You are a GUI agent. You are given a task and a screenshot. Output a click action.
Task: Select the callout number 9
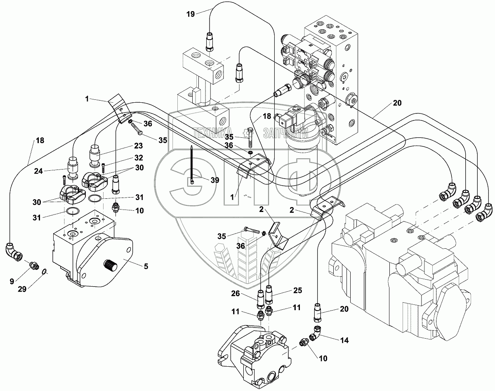coord(12,281)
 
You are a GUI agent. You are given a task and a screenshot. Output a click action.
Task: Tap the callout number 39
coord(214,180)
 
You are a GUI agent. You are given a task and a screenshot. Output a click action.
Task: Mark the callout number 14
coord(344,340)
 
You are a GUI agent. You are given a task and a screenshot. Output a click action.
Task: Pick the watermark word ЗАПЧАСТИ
coord(285,133)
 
